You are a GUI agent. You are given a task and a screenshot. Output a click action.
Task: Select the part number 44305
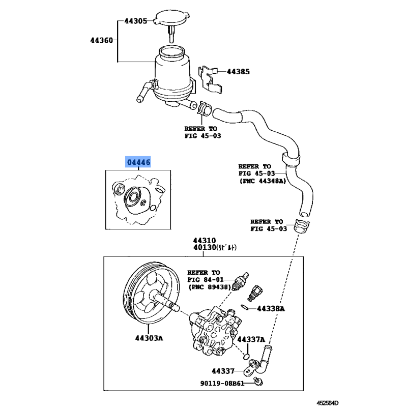point(136,21)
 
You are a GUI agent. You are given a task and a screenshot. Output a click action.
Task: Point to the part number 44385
point(238,72)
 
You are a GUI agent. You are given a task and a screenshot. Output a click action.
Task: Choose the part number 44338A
point(271,308)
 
